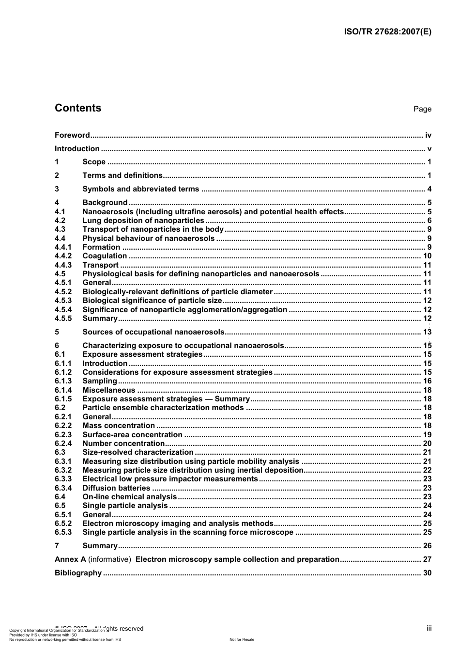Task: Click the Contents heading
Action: point(78,108)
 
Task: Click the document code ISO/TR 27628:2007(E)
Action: point(387,32)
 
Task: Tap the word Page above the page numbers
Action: point(422,109)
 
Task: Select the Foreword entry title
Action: point(72,135)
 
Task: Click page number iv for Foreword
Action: point(428,135)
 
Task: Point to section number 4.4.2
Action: point(63,256)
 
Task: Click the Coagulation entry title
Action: point(105,256)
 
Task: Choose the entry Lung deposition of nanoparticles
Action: point(143,221)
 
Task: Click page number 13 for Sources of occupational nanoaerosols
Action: point(427,332)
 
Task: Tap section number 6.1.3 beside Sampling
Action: point(63,381)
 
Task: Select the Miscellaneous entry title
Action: point(109,390)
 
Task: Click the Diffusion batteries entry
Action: point(116,488)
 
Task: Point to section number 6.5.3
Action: point(63,532)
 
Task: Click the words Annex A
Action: point(70,559)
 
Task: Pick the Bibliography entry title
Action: point(78,573)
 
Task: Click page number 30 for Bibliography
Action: point(427,573)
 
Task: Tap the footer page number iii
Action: point(429,628)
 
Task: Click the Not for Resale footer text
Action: point(242,639)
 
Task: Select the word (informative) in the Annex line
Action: point(109,559)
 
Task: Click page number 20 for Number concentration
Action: point(427,444)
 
